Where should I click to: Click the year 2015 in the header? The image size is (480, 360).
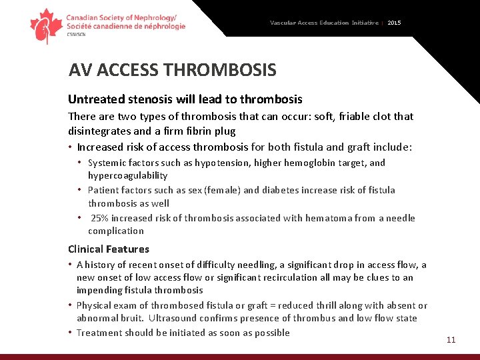point(394,23)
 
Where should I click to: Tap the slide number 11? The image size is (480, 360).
point(451,340)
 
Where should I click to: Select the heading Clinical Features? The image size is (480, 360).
point(109,249)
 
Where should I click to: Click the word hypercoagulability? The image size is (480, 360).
point(127,176)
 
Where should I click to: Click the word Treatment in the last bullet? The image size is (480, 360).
point(99,333)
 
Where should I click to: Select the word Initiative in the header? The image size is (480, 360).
point(365,23)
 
